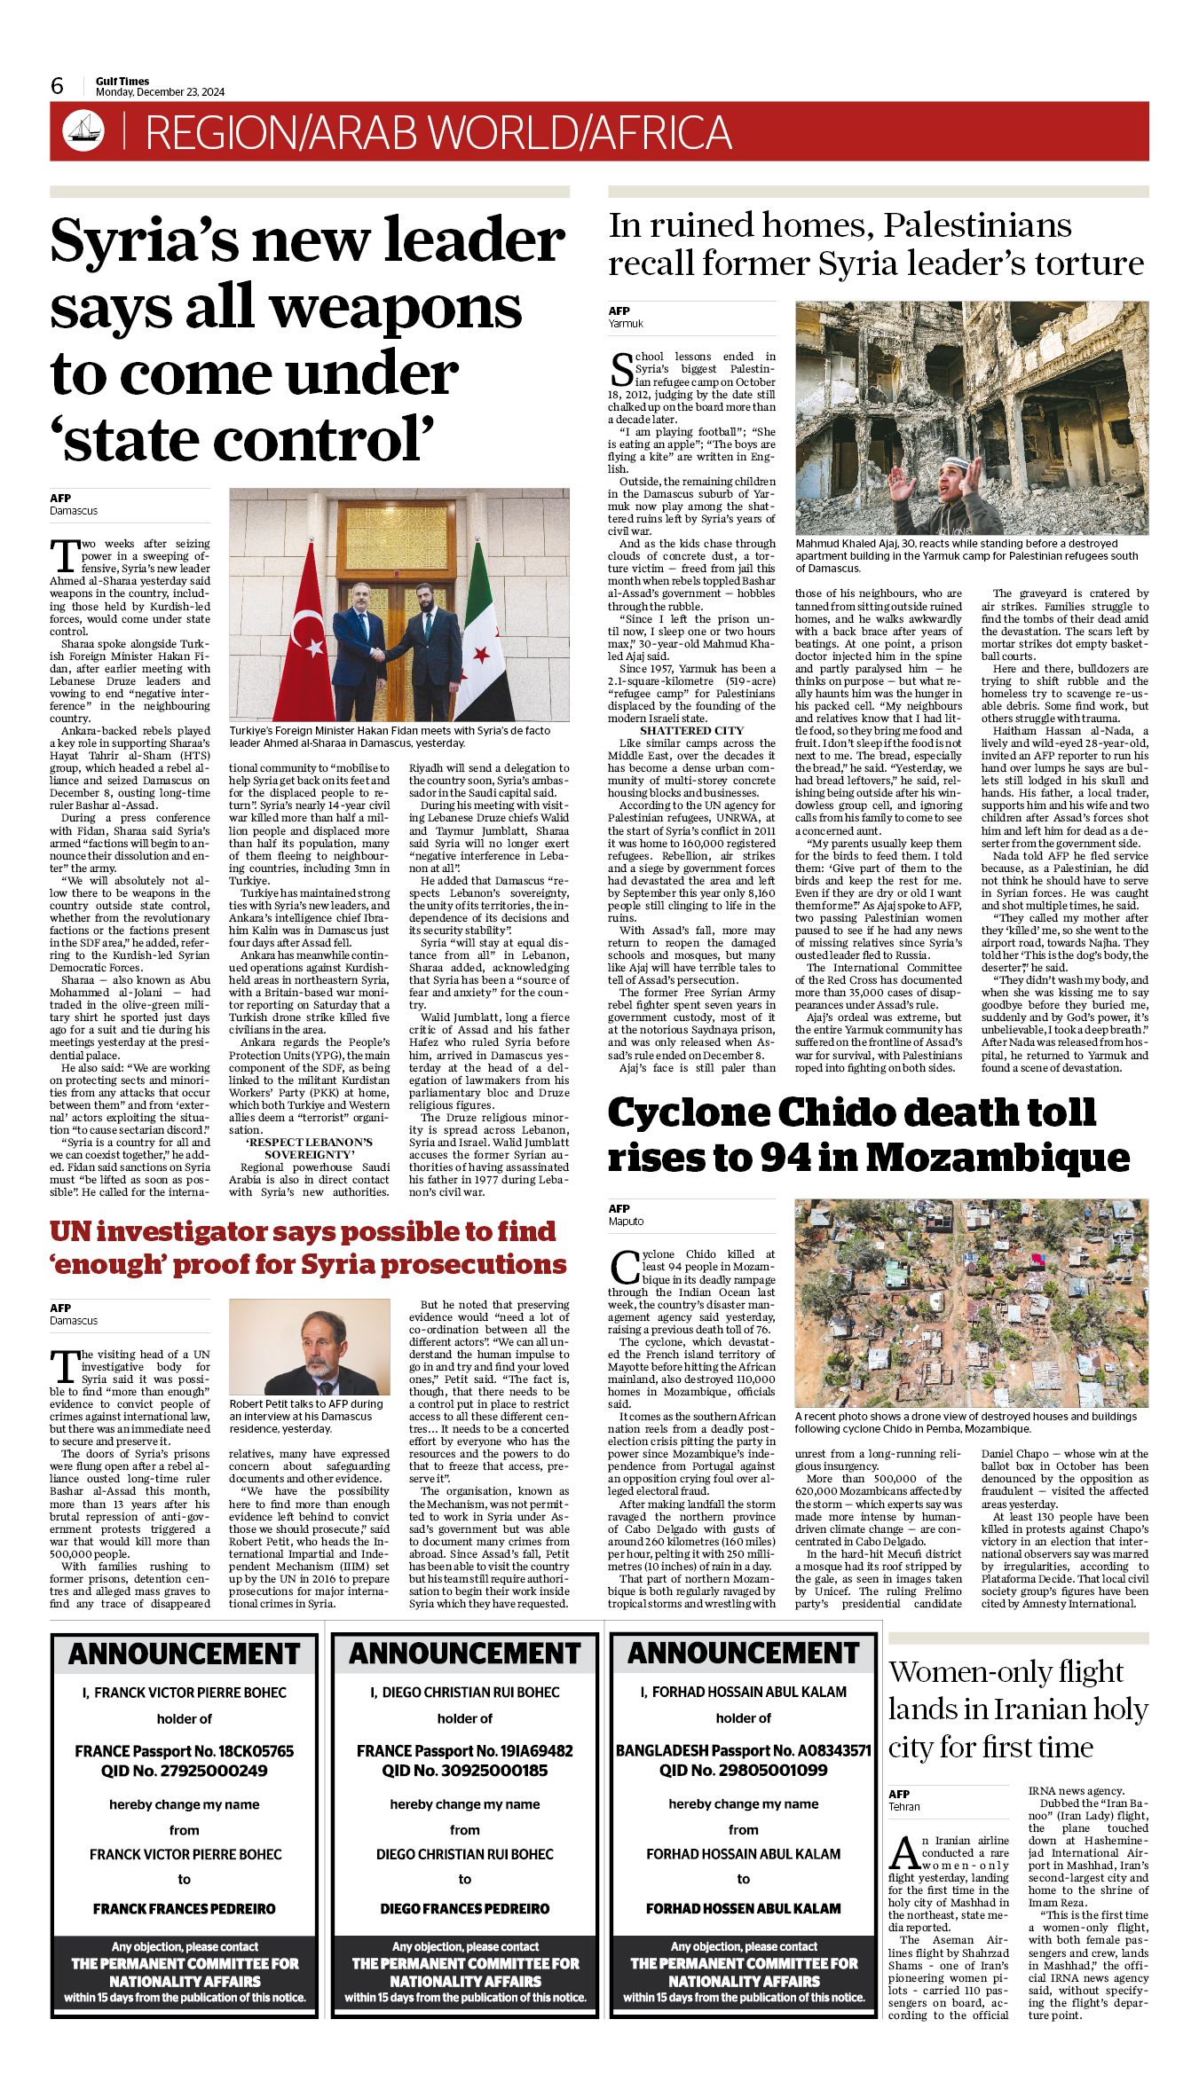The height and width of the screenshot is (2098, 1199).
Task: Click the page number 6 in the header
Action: pos(57,86)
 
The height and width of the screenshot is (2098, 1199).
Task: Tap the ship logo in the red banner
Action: pos(83,131)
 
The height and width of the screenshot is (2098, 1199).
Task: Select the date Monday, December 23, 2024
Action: pos(160,92)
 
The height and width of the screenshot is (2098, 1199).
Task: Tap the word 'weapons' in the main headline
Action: pos(396,308)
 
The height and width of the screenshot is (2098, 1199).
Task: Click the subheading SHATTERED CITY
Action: pos(691,731)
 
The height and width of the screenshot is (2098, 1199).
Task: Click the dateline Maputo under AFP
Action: pos(626,1222)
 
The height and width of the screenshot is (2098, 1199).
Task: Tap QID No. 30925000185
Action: pos(464,1771)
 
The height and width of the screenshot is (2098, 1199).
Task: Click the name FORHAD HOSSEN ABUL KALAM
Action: pos(743,1909)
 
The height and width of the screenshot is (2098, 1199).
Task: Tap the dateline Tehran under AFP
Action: pos(904,1807)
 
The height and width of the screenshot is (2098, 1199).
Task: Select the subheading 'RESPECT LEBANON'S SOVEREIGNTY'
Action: pos(309,1149)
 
